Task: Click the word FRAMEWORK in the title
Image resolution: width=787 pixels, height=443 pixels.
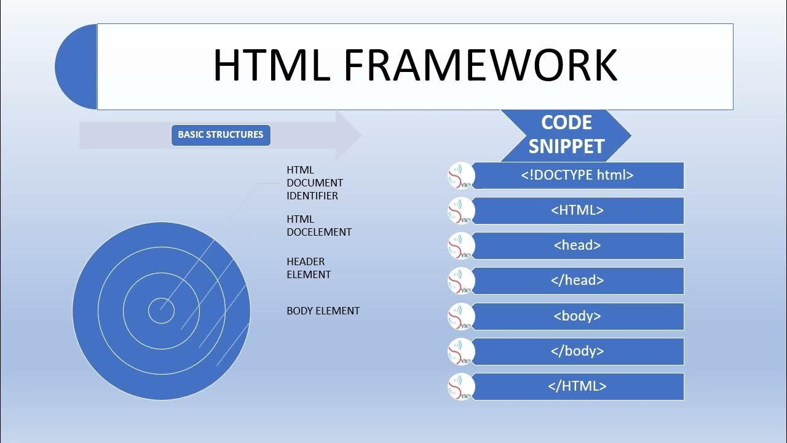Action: tap(480, 65)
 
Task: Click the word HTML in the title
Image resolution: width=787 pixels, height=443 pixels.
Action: tap(271, 65)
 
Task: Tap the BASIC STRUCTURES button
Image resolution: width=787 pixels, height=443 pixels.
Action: tap(221, 135)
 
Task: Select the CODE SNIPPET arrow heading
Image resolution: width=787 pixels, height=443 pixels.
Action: tap(566, 135)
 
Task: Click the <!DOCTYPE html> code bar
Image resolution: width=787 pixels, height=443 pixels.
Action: tap(577, 175)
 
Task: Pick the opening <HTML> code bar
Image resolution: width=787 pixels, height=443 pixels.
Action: tap(577, 210)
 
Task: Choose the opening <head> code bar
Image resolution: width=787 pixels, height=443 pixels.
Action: tap(577, 245)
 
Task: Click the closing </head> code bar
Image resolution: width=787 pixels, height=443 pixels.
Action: tap(577, 281)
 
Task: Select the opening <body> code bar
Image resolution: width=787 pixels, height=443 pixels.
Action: tap(577, 316)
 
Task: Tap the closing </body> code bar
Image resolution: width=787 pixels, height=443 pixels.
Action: tap(577, 351)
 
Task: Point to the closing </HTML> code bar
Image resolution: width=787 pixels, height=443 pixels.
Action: tap(577, 386)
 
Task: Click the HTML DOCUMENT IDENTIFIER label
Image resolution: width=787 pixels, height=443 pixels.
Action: tap(314, 183)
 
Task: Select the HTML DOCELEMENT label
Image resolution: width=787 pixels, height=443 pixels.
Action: tap(318, 226)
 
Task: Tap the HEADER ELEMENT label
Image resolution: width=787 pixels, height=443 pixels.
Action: tap(308, 268)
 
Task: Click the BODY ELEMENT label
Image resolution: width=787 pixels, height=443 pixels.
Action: tap(323, 311)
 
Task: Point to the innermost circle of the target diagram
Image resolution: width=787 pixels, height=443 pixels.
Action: tap(161, 311)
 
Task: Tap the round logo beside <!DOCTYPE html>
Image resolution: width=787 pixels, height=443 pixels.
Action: tap(461, 175)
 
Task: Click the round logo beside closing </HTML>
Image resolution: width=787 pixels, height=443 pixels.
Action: tap(461, 386)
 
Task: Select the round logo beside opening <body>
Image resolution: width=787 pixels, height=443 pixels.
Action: tap(461, 316)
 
